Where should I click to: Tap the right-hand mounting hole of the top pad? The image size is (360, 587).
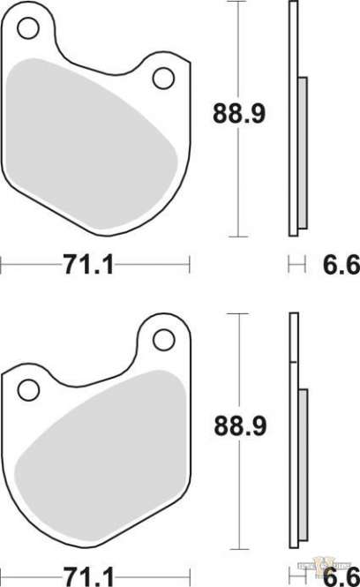point(163,79)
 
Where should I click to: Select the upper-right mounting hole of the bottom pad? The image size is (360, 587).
point(163,339)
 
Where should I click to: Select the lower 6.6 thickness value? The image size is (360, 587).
point(341,576)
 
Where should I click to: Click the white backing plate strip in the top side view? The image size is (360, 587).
point(293,124)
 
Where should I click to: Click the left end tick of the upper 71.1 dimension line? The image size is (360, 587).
point(2,264)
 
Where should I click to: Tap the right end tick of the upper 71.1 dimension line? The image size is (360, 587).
point(190,264)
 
